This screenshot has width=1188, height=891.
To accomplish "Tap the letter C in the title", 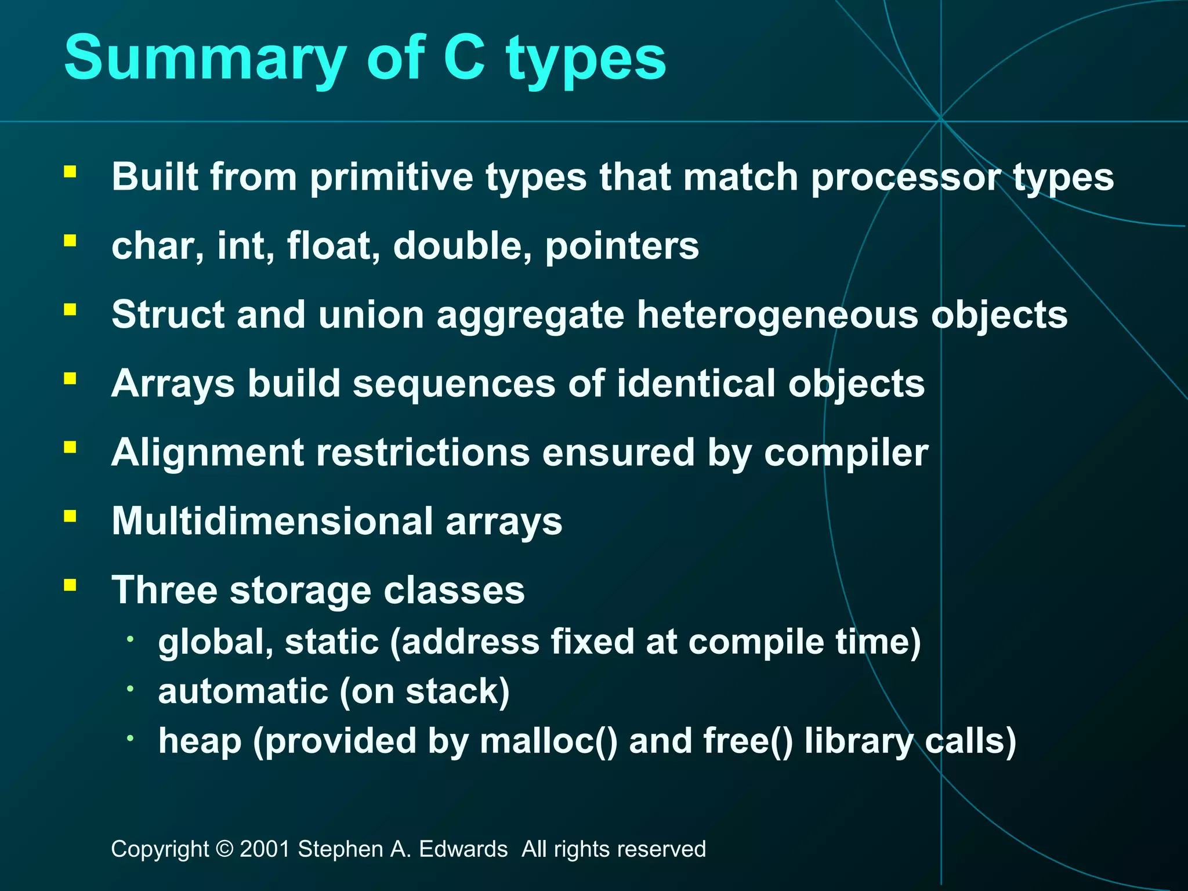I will [x=464, y=58].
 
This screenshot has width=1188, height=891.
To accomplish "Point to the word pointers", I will [x=622, y=247].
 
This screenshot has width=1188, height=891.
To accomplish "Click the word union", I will [x=371, y=315].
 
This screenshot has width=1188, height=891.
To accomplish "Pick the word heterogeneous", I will [x=777, y=316].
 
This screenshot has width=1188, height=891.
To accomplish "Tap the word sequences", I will [x=454, y=385].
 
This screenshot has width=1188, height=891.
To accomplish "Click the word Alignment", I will [x=207, y=453].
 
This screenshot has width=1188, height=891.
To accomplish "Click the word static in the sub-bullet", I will [x=332, y=642].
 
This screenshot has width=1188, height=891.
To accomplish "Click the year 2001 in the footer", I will [x=265, y=849].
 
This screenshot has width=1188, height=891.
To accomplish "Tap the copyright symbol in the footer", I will [x=224, y=849].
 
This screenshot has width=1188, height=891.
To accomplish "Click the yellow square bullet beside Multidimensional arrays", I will [x=70, y=516].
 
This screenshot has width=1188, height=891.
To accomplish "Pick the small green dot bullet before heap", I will [x=131, y=738].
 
